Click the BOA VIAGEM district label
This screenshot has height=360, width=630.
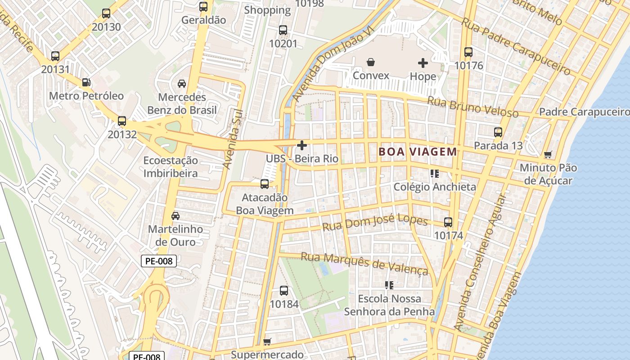point(418,152)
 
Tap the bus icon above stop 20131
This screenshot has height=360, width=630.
point(55,56)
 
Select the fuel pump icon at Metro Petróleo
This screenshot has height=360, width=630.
point(86,82)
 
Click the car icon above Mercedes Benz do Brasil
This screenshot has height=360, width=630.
point(182,84)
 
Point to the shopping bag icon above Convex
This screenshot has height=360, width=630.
point(371,62)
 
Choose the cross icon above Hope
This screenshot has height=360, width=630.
point(423,63)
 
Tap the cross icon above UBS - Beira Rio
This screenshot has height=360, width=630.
point(302,145)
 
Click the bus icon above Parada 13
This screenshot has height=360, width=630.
point(498,132)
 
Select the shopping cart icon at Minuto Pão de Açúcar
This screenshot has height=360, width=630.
point(548,155)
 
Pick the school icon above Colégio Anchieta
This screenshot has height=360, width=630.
point(435,173)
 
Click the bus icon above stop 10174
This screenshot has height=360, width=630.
point(448,222)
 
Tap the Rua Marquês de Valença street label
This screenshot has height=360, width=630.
point(364,263)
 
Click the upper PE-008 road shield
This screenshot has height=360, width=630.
point(159,261)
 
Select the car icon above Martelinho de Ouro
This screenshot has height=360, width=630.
point(175,216)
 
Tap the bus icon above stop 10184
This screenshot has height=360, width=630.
point(284,291)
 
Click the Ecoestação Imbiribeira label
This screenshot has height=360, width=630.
point(171,167)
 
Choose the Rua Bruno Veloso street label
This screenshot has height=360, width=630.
point(472,107)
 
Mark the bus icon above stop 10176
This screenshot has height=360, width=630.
point(468,52)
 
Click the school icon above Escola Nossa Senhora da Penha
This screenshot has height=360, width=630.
point(389,285)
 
